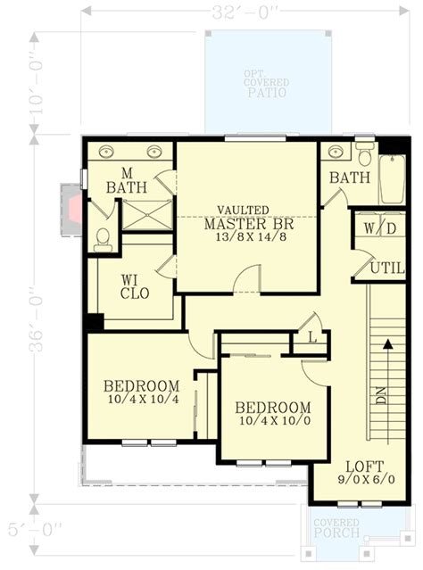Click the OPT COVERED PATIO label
click(268, 83)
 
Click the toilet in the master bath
click(104, 238)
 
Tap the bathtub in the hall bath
click(392, 179)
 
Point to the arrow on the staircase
click(386, 343)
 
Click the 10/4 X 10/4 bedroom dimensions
click(141, 401)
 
